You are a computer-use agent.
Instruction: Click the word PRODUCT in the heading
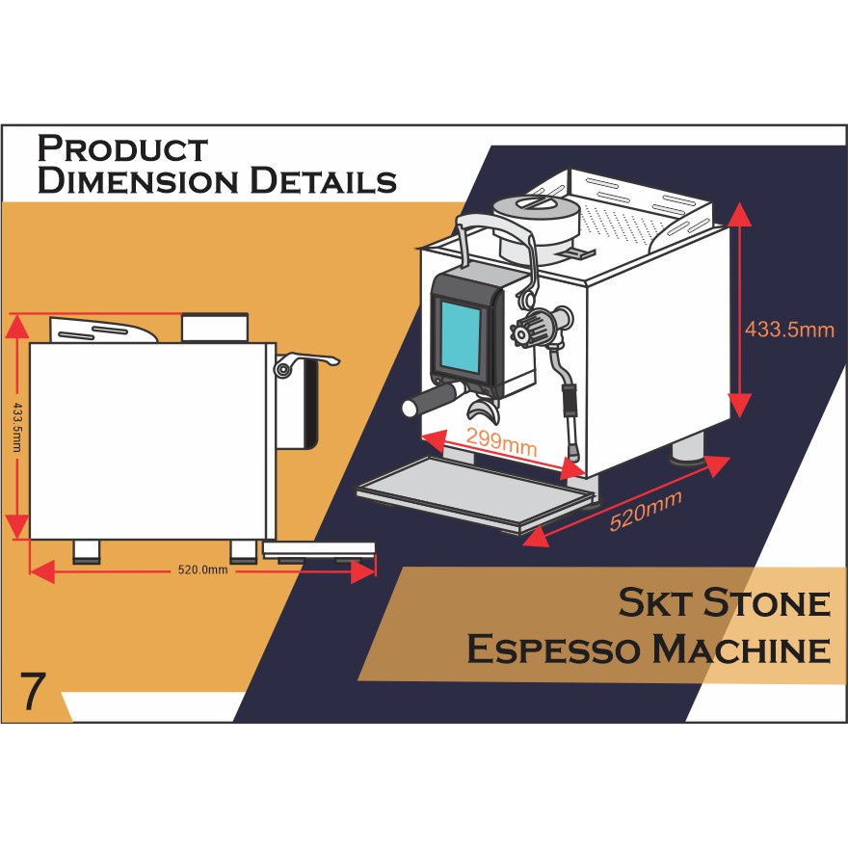coord(121,149)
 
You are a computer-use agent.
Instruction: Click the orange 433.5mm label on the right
coord(789,330)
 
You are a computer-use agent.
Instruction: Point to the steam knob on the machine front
coord(531,331)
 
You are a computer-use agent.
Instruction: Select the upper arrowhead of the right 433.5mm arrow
coord(739,214)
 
